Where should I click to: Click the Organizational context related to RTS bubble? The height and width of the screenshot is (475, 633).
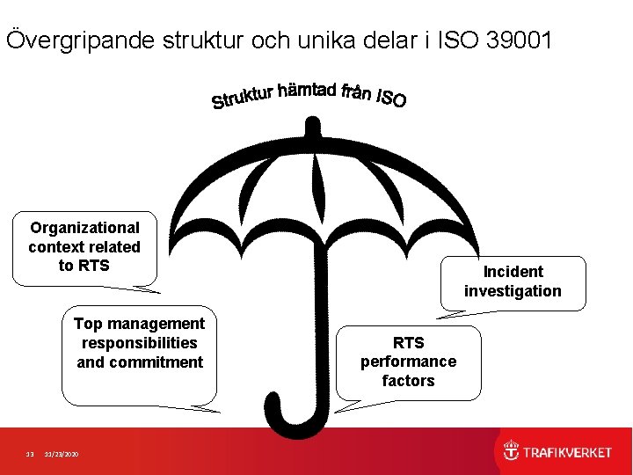tap(84, 247)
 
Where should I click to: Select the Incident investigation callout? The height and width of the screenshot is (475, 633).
tap(513, 282)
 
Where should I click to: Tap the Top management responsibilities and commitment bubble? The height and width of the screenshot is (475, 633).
tap(140, 352)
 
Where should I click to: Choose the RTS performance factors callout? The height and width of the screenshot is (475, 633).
tap(408, 362)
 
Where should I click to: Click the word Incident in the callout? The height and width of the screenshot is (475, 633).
tap(513, 272)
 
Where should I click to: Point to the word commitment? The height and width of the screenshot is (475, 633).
tap(140, 362)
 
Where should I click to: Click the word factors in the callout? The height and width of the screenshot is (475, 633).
tap(408, 381)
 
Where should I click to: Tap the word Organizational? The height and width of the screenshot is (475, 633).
tap(84, 228)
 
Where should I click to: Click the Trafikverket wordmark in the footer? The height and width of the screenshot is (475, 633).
tap(567, 453)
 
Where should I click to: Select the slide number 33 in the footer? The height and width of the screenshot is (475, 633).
tap(29, 454)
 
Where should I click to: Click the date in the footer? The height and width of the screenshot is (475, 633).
tap(61, 454)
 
